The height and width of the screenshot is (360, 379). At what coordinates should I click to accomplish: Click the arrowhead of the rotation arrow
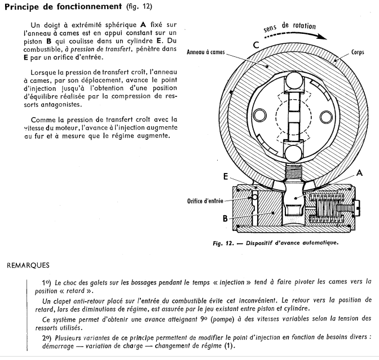324,36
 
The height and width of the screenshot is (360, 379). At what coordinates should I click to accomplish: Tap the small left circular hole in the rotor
259,116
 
